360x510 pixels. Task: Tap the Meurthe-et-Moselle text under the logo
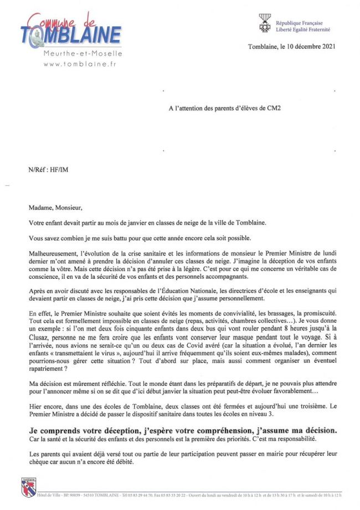click(83, 54)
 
